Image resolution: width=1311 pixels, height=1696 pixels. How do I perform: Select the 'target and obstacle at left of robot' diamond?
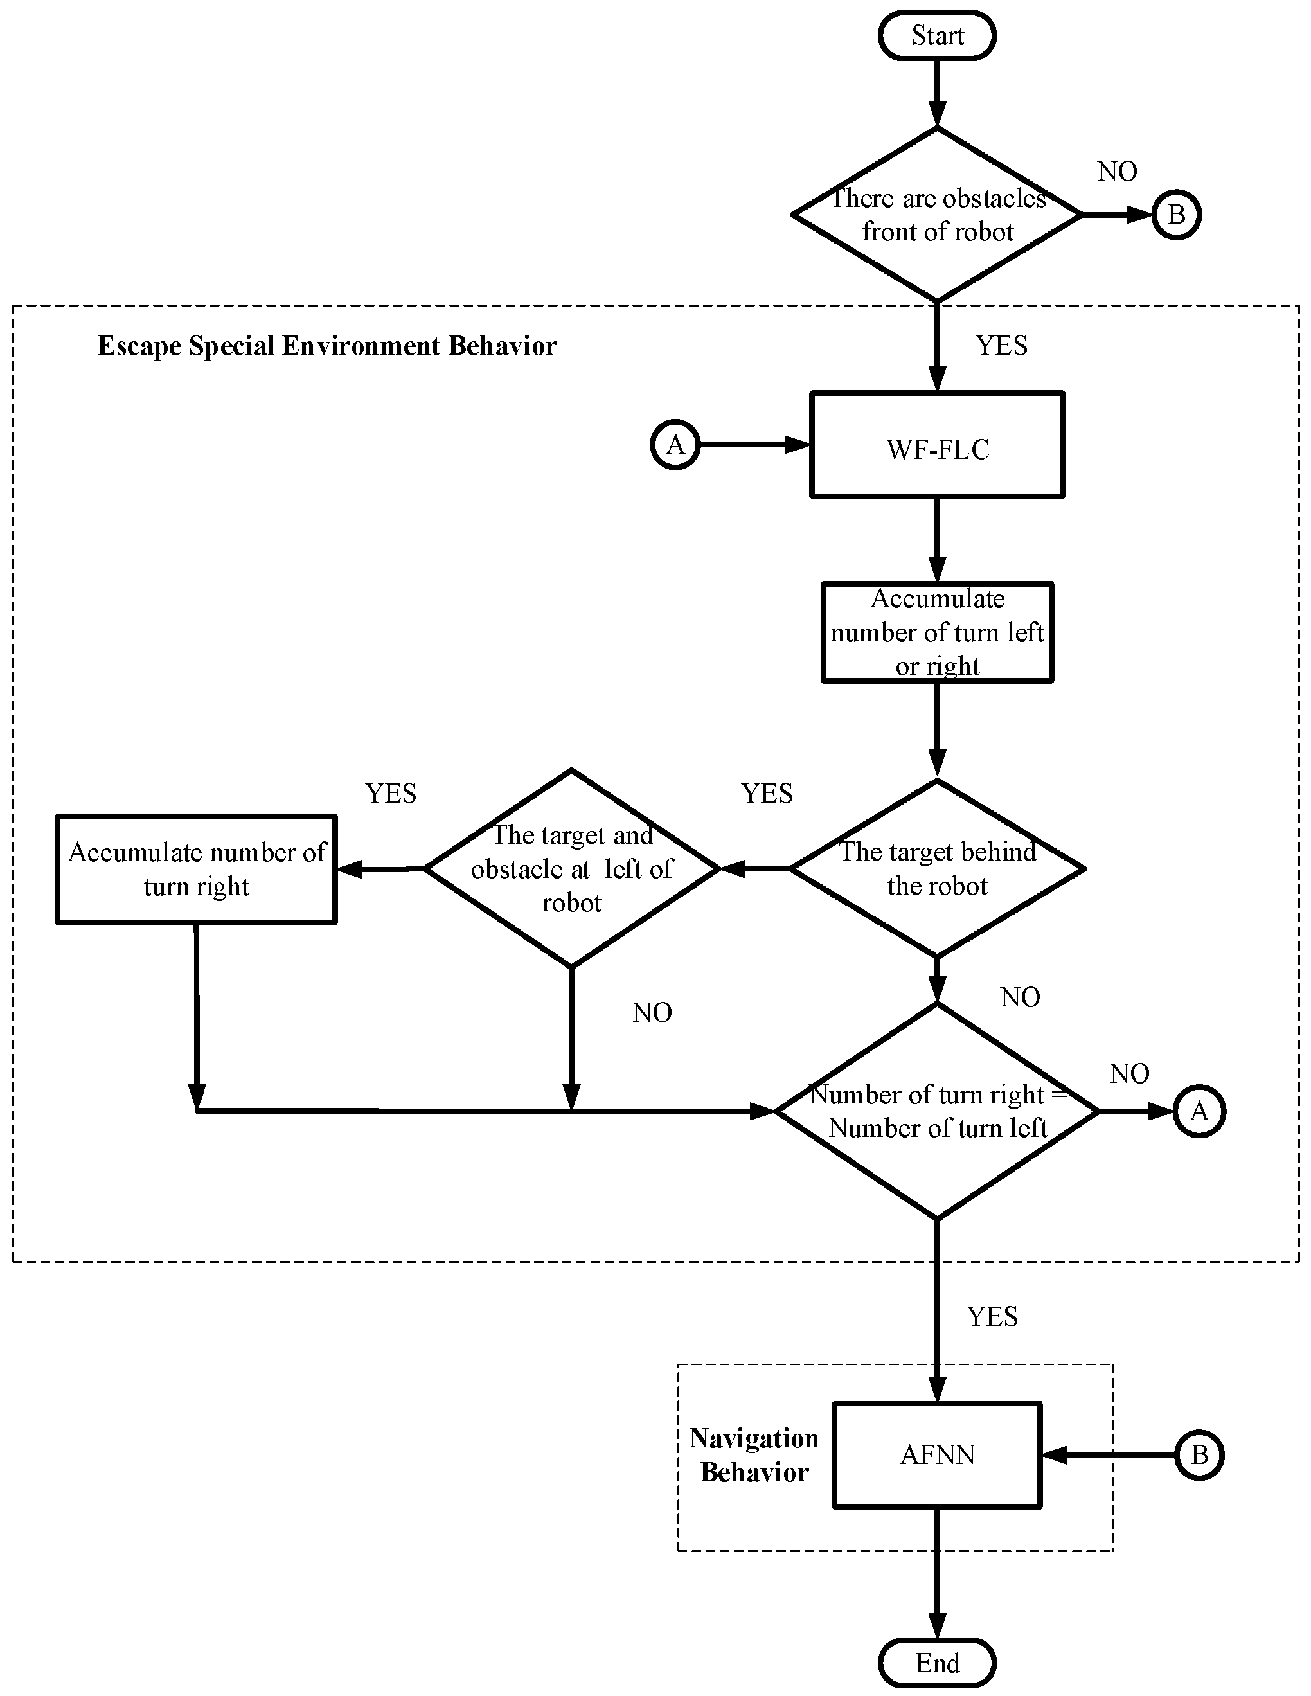[571, 868]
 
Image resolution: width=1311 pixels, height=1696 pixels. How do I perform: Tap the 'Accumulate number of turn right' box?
[197, 869]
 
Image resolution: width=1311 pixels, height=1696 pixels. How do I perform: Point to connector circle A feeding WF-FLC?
[675, 445]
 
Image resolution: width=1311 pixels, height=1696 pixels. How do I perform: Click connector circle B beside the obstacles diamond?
[1176, 215]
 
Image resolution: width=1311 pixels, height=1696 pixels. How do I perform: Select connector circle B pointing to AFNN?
[1199, 1454]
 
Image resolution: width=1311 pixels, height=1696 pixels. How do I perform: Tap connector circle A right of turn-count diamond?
[1199, 1111]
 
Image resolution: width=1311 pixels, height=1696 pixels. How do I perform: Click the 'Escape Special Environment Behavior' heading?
[327, 346]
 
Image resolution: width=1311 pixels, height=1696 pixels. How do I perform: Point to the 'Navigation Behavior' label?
[754, 1455]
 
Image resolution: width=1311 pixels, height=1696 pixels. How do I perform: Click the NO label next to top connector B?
[1117, 172]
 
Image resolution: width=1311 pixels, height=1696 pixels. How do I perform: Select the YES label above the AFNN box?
[992, 1316]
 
